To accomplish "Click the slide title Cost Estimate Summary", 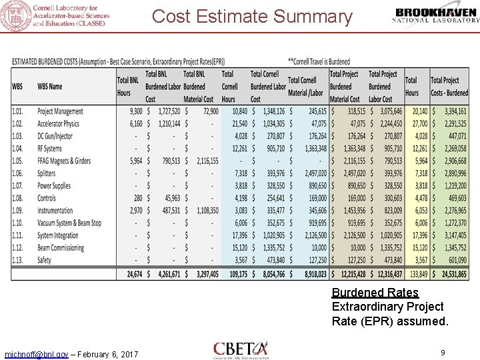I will click(x=252, y=17).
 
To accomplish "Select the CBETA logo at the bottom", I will click(x=241, y=349).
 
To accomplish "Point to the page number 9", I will click(x=442, y=351).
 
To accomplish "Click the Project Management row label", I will click(x=60, y=111).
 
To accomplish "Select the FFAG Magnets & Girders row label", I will click(x=63, y=161).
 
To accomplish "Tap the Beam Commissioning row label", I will click(x=60, y=247).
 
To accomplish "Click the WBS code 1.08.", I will click(x=17, y=198).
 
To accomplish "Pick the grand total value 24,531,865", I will click(x=449, y=274).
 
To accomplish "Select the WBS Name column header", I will click(x=50, y=86).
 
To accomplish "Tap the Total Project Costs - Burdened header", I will click(x=448, y=86).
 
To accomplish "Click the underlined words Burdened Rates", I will click(x=375, y=293).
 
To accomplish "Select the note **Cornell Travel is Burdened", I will click(x=319, y=62).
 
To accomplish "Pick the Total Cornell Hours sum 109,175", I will click(x=233, y=274).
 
